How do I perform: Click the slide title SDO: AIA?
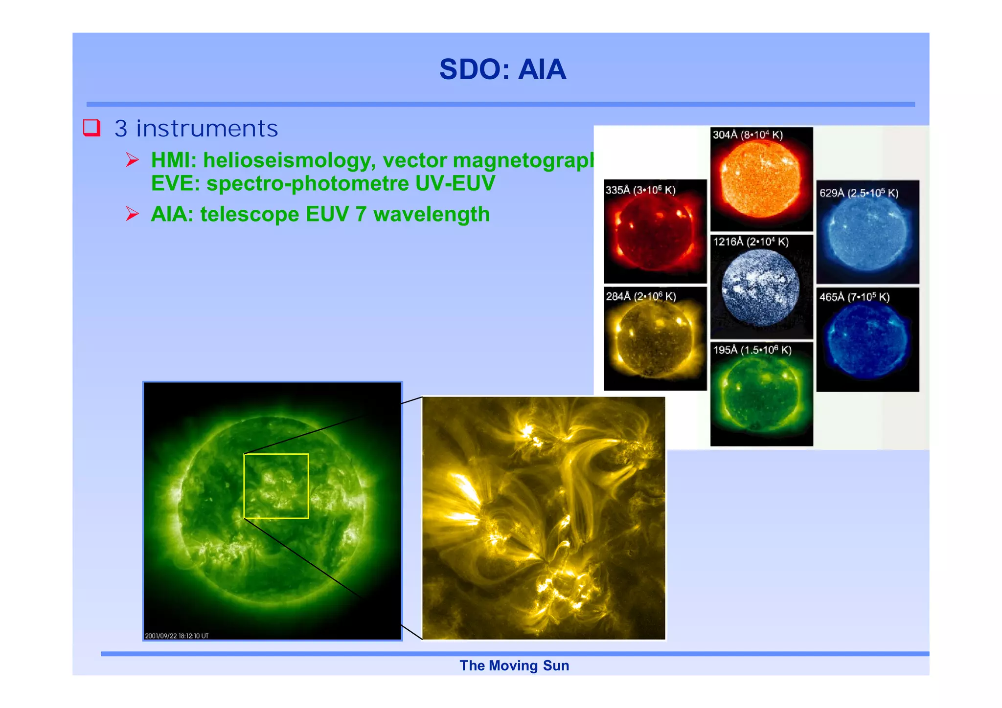pyautogui.click(x=502, y=69)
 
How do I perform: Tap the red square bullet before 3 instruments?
pyautogui.click(x=91, y=128)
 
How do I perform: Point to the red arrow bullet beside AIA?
pyautogui.click(x=132, y=214)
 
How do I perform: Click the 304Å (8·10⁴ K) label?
pyautogui.click(x=747, y=135)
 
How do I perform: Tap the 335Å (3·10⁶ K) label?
pyautogui.click(x=640, y=190)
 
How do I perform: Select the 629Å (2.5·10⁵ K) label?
pyautogui.click(x=859, y=193)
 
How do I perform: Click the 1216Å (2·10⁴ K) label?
pyautogui.click(x=751, y=242)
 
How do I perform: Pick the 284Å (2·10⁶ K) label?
pyautogui.click(x=640, y=296)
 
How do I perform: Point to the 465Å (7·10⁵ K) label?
pyautogui.click(x=854, y=297)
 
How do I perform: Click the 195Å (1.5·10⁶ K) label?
pyautogui.click(x=752, y=350)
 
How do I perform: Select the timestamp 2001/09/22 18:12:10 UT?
pyautogui.click(x=177, y=636)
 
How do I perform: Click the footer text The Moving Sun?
pyautogui.click(x=514, y=666)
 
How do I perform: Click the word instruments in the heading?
pyautogui.click(x=207, y=129)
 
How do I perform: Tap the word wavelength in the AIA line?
pyautogui.click(x=431, y=215)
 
